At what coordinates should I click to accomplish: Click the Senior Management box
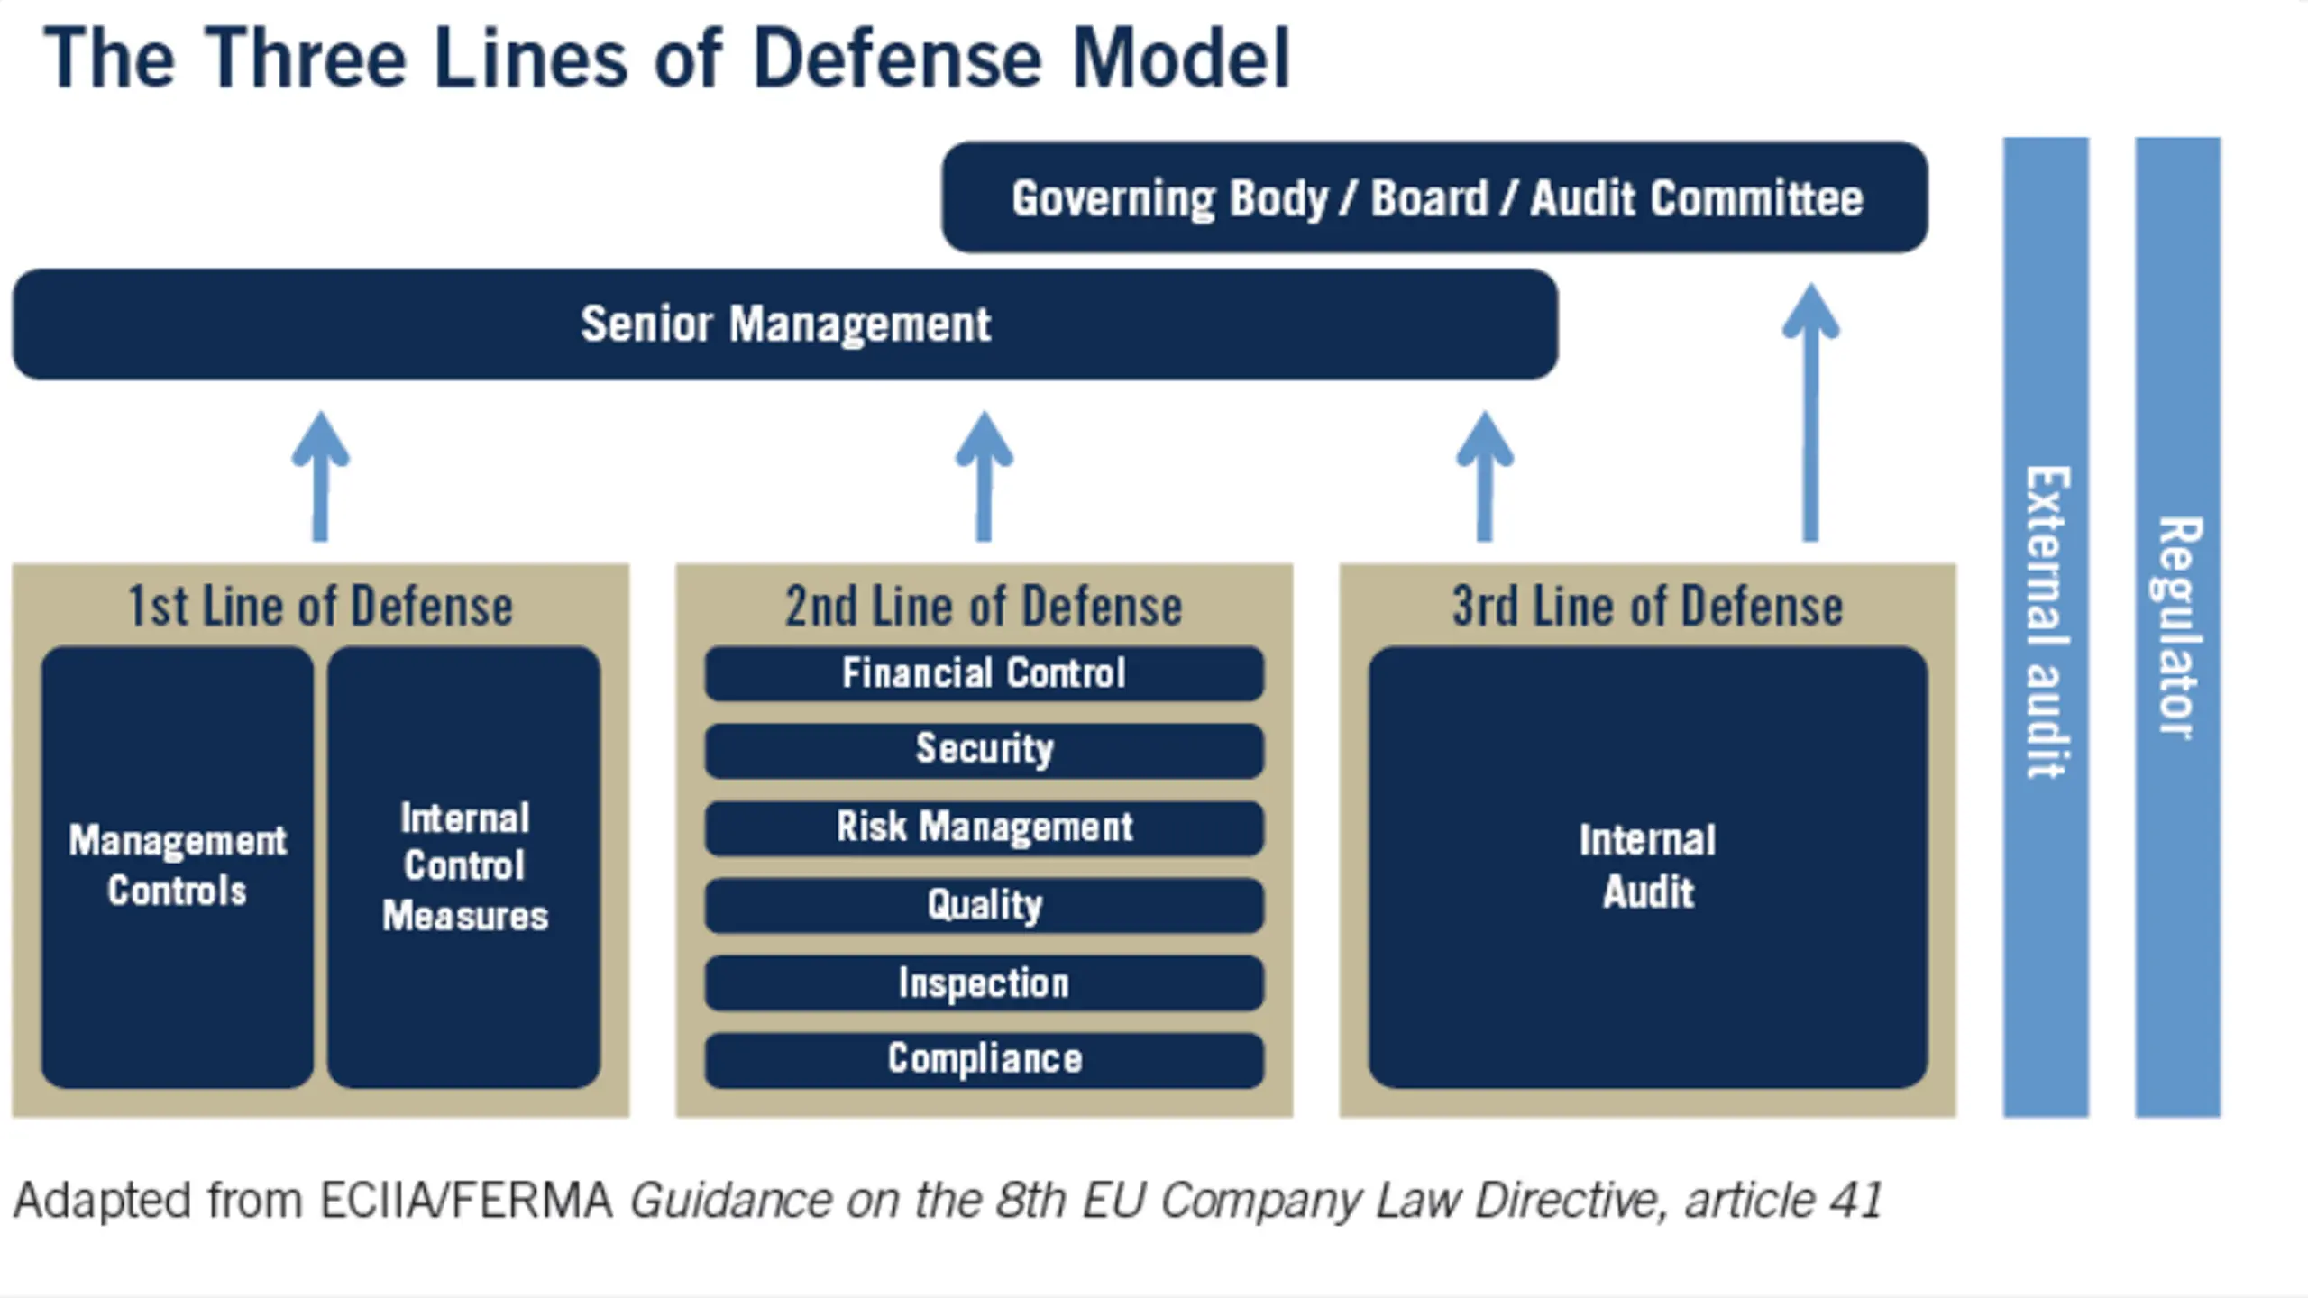[x=785, y=324]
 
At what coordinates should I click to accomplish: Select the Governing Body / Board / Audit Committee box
[x=1435, y=197]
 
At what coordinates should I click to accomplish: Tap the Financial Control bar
[x=985, y=673]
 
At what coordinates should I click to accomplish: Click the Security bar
[x=985, y=750]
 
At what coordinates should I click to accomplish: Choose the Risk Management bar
[x=985, y=827]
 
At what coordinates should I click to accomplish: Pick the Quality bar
[x=985, y=905]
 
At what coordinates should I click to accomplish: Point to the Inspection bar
[x=985, y=983]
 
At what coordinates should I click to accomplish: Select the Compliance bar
[x=985, y=1060]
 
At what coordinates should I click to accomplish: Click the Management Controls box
[x=178, y=867]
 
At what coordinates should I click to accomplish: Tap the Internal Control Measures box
[x=464, y=867]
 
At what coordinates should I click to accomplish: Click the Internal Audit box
[x=1648, y=867]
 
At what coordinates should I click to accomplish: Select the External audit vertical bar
[x=2047, y=627]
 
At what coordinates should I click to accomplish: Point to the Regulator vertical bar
[x=2178, y=627]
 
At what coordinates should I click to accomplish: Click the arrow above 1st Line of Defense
[x=320, y=476]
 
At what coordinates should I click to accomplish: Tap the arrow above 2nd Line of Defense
[x=985, y=476]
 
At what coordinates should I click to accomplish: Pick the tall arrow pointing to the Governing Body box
[x=1810, y=412]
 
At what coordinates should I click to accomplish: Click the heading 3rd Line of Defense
[x=1648, y=606]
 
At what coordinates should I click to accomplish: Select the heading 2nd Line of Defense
[x=985, y=606]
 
